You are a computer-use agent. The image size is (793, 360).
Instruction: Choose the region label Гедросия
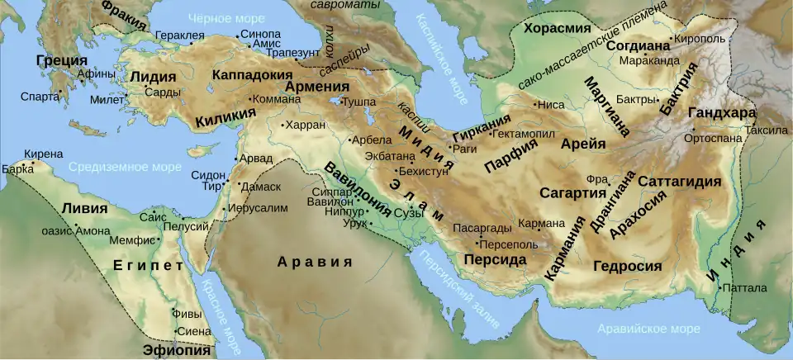pyautogui.click(x=628, y=266)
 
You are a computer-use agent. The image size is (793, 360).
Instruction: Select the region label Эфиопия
pyautogui.click(x=177, y=349)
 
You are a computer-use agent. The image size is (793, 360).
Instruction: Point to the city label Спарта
pyautogui.click(x=40, y=97)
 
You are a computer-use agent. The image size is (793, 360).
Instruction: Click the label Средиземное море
pyautogui.click(x=124, y=168)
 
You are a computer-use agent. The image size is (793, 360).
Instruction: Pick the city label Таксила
pyautogui.click(x=766, y=130)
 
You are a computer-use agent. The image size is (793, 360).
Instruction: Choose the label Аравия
pyautogui.click(x=309, y=263)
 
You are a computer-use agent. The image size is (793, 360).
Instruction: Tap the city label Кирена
pyautogui.click(x=43, y=154)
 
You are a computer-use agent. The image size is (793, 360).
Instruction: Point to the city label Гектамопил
pyautogui.click(x=525, y=134)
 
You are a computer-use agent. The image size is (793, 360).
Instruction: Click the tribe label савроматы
pyautogui.click(x=344, y=5)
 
